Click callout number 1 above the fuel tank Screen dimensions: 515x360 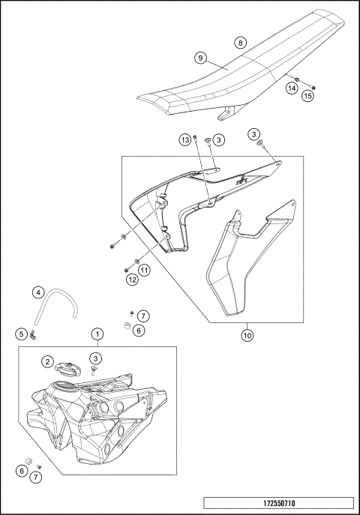[97, 332]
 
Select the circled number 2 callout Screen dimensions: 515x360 [46, 362]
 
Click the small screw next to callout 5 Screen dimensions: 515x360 [34, 336]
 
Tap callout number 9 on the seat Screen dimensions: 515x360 [200, 57]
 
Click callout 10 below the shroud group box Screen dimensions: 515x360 [247, 336]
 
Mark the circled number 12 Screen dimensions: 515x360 [132, 280]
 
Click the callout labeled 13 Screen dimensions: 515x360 [184, 139]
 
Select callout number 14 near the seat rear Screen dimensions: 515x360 [290, 88]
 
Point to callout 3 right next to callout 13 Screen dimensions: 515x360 [218, 139]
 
